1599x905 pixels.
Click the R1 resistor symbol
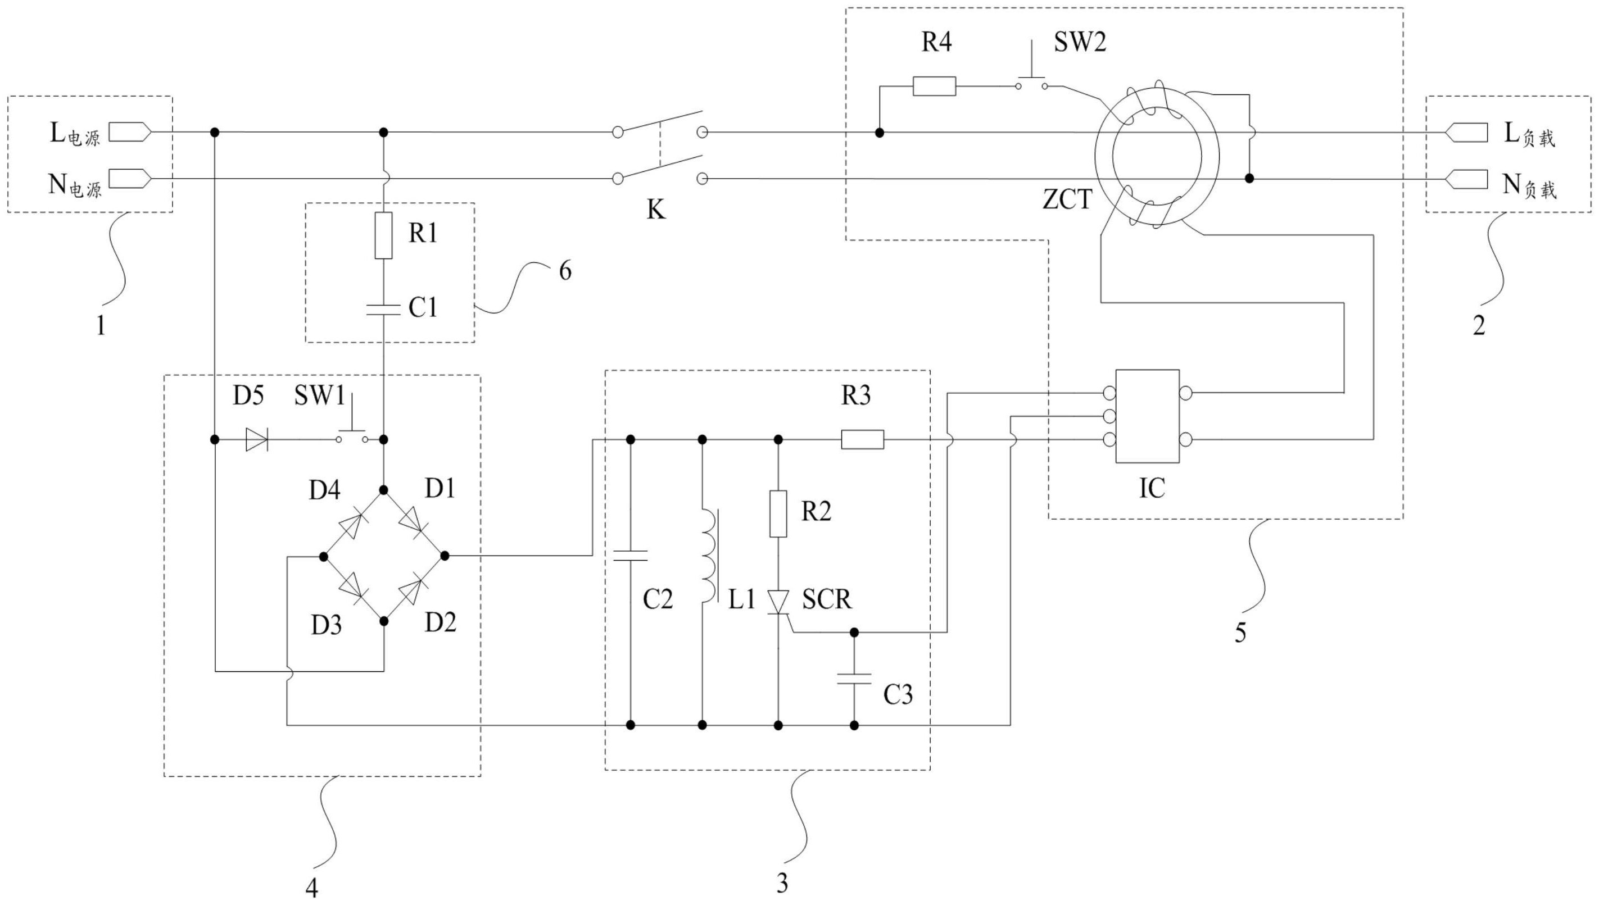click(383, 235)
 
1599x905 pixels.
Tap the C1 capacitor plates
click(383, 310)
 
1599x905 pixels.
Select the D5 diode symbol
click(256, 440)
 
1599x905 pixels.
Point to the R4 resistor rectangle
click(934, 87)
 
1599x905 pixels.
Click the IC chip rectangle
click(1147, 416)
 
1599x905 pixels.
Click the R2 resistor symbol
click(778, 514)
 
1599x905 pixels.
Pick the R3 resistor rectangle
click(862, 440)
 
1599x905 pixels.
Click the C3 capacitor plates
click(854, 678)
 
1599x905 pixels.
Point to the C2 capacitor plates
click(631, 556)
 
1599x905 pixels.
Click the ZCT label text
click(1067, 200)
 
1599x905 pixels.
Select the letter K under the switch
click(656, 210)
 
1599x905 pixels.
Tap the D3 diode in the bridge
click(352, 588)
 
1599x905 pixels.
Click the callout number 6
click(564, 271)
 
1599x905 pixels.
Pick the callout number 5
click(1240, 633)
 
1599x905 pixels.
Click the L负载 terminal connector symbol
click(1466, 133)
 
